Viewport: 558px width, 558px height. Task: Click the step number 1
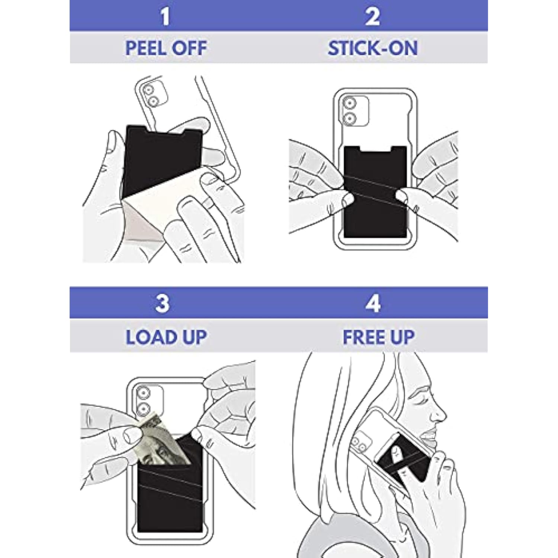(165, 16)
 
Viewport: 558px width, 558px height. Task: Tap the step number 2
(372, 16)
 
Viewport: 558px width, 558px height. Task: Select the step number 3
(163, 303)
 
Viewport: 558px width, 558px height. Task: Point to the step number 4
(373, 303)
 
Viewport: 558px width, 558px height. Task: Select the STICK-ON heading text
(372, 48)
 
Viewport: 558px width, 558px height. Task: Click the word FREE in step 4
(359, 337)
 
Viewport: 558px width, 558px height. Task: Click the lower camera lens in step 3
(144, 409)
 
